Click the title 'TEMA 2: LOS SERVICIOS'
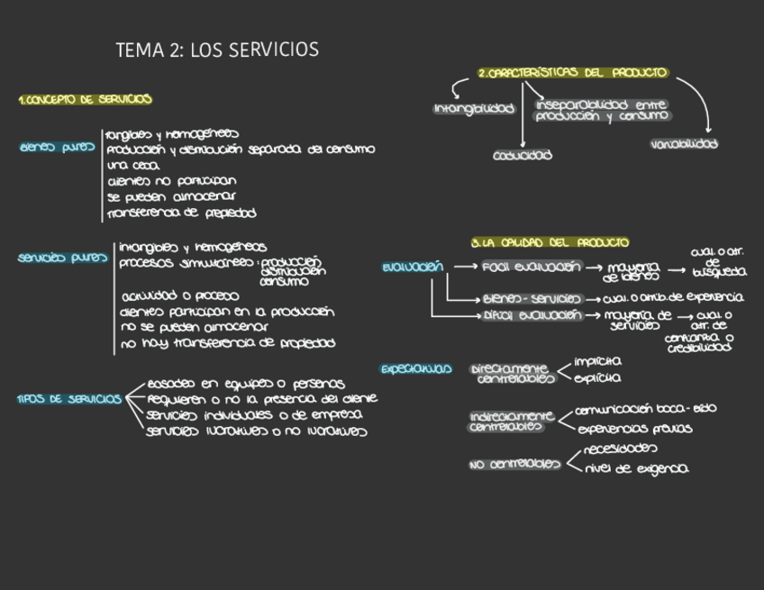(217, 50)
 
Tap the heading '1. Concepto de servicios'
(85, 100)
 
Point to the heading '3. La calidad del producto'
(550, 242)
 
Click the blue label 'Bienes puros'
(57, 148)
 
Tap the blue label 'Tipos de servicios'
(68, 399)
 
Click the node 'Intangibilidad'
(474, 109)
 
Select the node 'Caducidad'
(523, 155)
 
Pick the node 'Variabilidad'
(684, 144)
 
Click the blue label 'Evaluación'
(412, 267)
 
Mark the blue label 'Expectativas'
(415, 369)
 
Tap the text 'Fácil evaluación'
(532, 267)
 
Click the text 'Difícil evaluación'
(532, 315)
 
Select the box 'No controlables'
(514, 465)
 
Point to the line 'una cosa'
(132, 165)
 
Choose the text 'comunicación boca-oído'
(646, 409)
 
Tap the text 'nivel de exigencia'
(637, 468)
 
